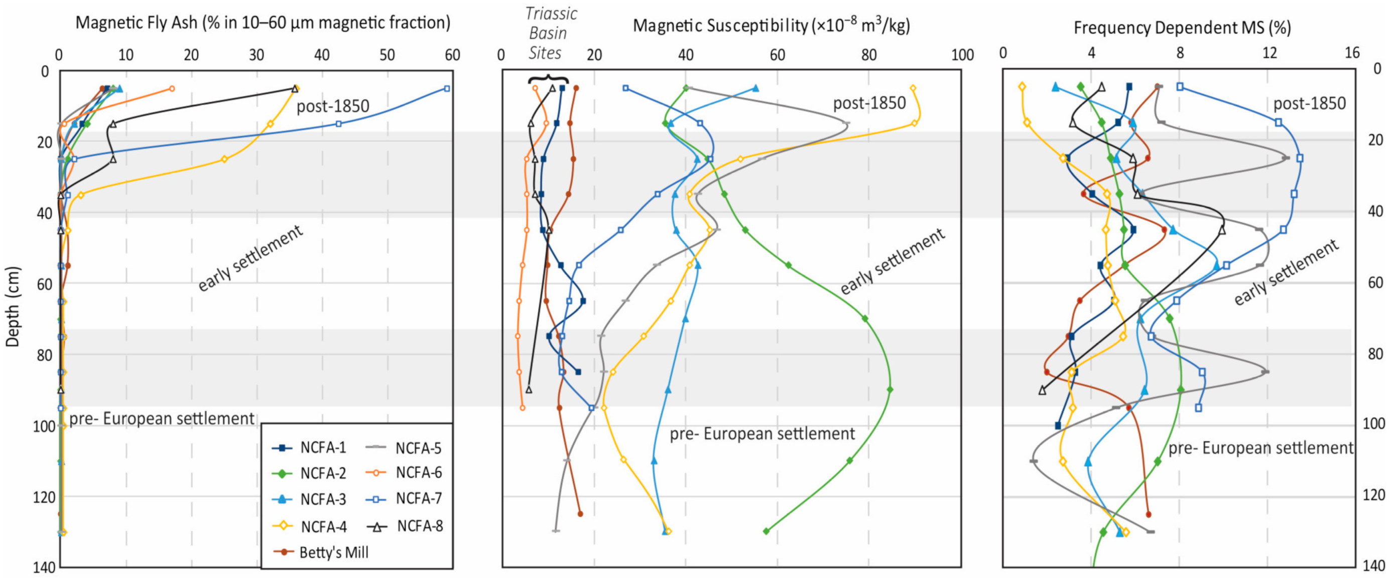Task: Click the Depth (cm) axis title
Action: [12, 307]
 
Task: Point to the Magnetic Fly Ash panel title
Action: [263, 23]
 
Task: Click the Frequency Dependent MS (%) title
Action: [1182, 28]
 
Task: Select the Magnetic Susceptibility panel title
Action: [772, 26]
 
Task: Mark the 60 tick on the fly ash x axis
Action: [452, 55]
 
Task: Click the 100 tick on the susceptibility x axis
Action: [962, 55]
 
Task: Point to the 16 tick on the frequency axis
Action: [1351, 52]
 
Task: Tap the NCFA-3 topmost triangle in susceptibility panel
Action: [755, 88]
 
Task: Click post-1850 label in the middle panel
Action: [869, 103]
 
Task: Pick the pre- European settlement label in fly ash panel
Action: [162, 418]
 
